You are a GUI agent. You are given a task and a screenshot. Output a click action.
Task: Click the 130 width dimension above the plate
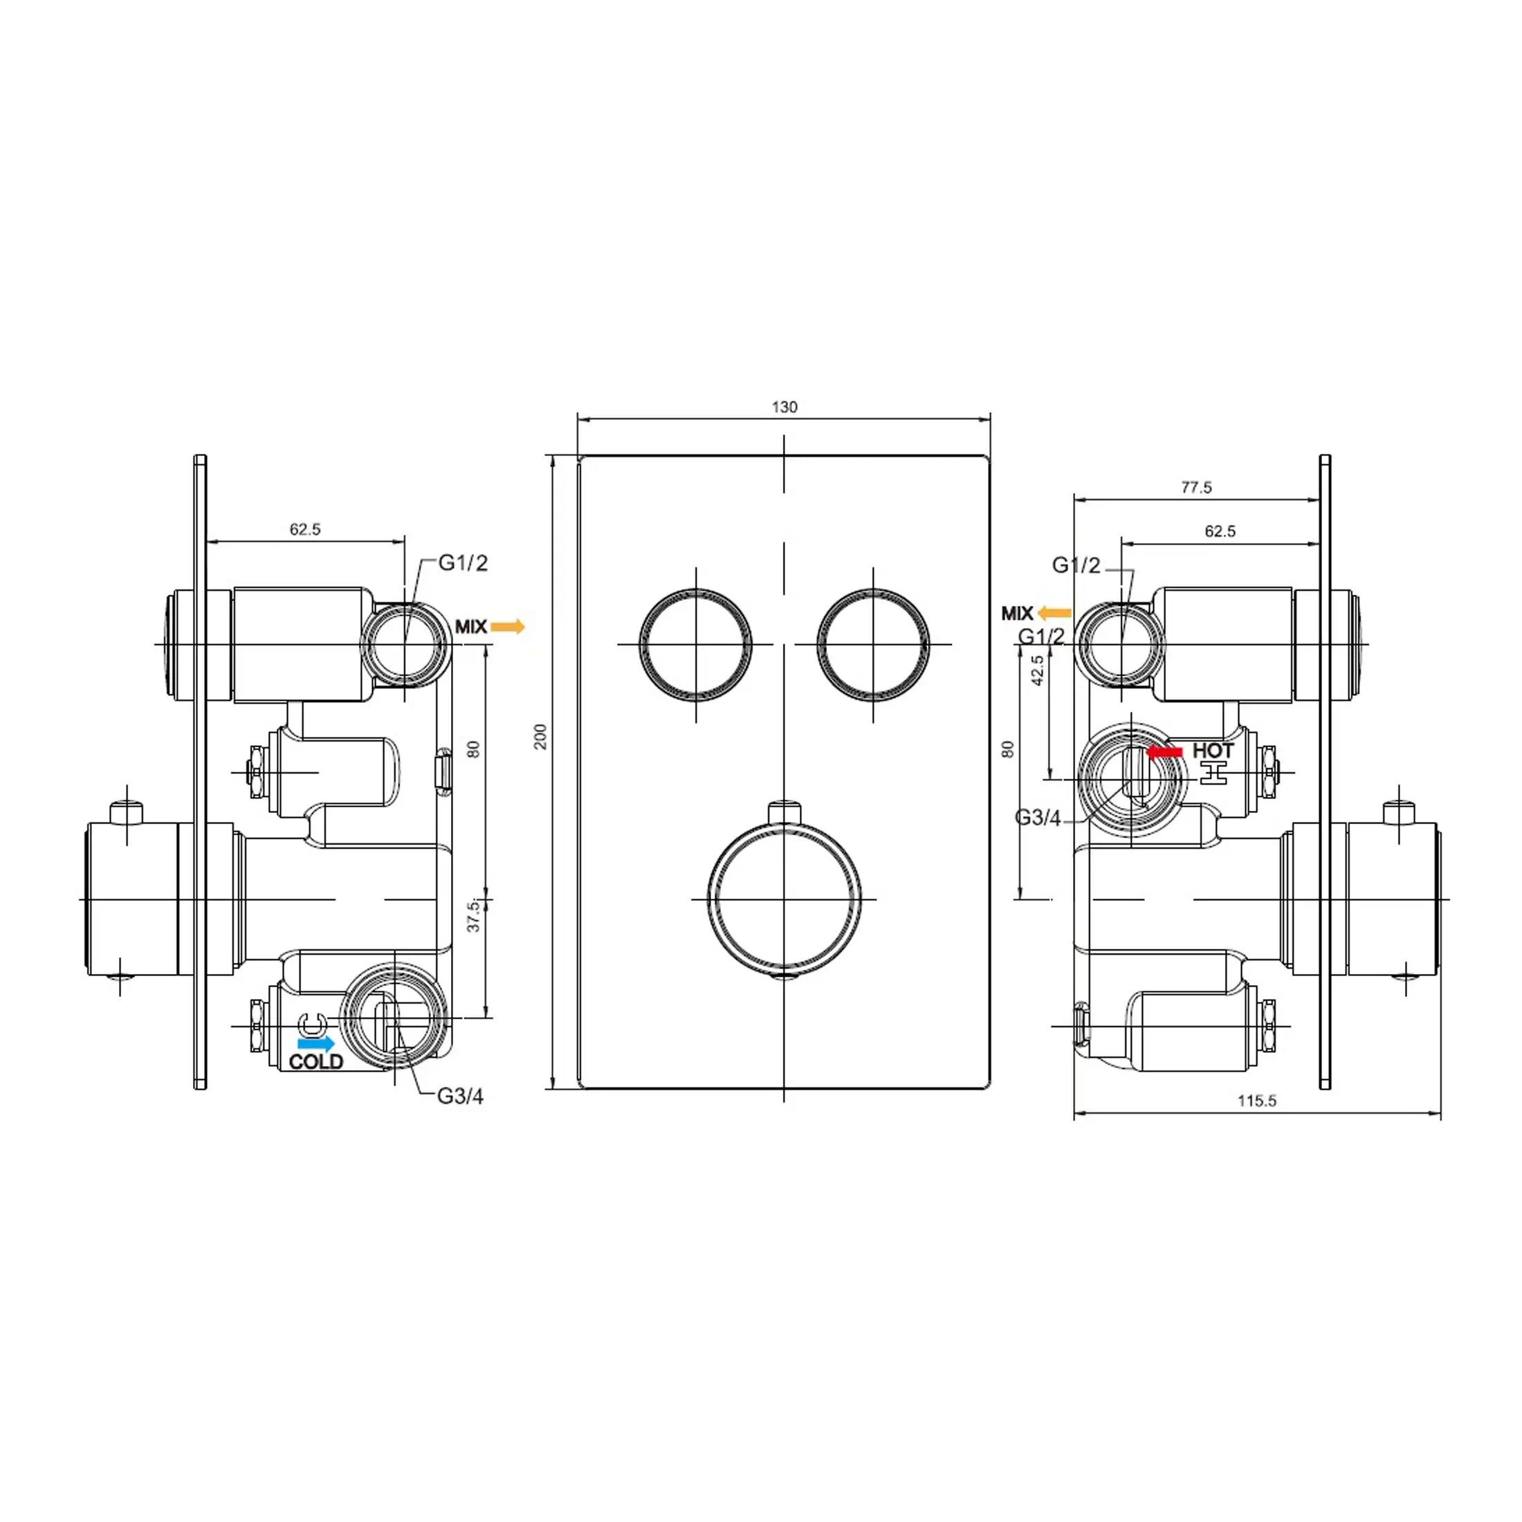pos(784,407)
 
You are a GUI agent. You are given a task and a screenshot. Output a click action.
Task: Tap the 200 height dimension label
pos(540,737)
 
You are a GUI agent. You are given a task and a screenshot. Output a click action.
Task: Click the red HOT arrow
pos(1165,752)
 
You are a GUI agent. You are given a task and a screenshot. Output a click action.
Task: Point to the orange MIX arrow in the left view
pos(507,627)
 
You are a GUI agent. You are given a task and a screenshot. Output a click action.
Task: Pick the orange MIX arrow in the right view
pos(1054,613)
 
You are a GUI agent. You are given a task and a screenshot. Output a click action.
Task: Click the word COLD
pos(316,1062)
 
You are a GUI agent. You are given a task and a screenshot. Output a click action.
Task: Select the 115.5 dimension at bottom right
pos(1256,1101)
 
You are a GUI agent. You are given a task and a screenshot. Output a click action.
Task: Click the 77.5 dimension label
pos(1196,488)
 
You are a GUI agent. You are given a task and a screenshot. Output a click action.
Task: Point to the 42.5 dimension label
pos(1038,670)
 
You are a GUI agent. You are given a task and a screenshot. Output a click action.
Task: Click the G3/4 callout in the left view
pos(460,1096)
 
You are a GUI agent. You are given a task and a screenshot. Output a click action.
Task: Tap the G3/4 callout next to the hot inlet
pos(1038,818)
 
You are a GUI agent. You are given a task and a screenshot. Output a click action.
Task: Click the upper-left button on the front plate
pos(695,644)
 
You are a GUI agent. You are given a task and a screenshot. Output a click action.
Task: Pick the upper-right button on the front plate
pos(873,644)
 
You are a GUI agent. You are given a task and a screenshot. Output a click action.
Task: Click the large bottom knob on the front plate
pos(784,899)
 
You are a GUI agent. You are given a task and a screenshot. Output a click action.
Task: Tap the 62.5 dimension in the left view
pos(305,529)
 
